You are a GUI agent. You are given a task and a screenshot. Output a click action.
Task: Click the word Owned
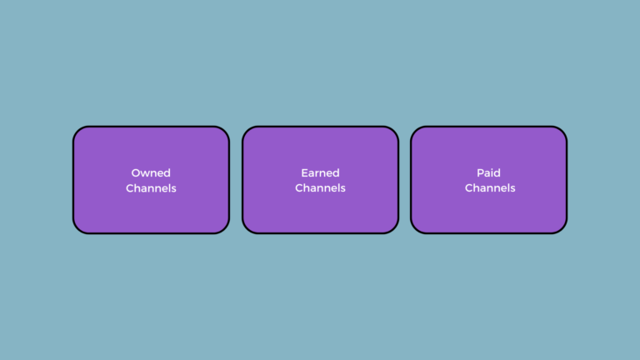(x=151, y=172)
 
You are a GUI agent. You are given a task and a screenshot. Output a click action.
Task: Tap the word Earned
(x=320, y=172)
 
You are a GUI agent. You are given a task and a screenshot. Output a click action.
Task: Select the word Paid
(x=488, y=172)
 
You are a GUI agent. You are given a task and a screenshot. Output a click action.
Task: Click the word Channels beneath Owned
(x=151, y=188)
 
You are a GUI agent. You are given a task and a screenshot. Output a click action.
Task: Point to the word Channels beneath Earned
(x=320, y=187)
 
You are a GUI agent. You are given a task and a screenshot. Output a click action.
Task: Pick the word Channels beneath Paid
(x=490, y=187)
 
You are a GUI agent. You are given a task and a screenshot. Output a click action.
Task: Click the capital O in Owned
(x=136, y=173)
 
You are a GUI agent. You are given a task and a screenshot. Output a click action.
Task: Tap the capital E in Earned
(x=304, y=173)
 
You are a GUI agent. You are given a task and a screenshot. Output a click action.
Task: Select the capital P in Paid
(x=480, y=173)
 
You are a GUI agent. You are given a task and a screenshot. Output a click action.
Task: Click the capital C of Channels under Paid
(x=469, y=188)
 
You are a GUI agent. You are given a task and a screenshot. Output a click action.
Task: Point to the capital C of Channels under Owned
(x=130, y=188)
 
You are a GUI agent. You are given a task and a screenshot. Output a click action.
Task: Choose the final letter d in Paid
(x=497, y=173)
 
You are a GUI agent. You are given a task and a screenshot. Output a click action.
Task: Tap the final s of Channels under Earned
(x=342, y=189)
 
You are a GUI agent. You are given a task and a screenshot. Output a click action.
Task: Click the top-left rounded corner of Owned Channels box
(x=78, y=132)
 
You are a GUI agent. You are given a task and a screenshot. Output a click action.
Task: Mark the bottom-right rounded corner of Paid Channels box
(x=561, y=227)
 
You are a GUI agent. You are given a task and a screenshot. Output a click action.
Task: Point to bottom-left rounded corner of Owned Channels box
(x=78, y=227)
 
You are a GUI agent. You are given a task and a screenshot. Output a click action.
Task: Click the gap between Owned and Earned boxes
(x=236, y=180)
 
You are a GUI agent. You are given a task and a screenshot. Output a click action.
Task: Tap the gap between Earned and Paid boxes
(x=404, y=180)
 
